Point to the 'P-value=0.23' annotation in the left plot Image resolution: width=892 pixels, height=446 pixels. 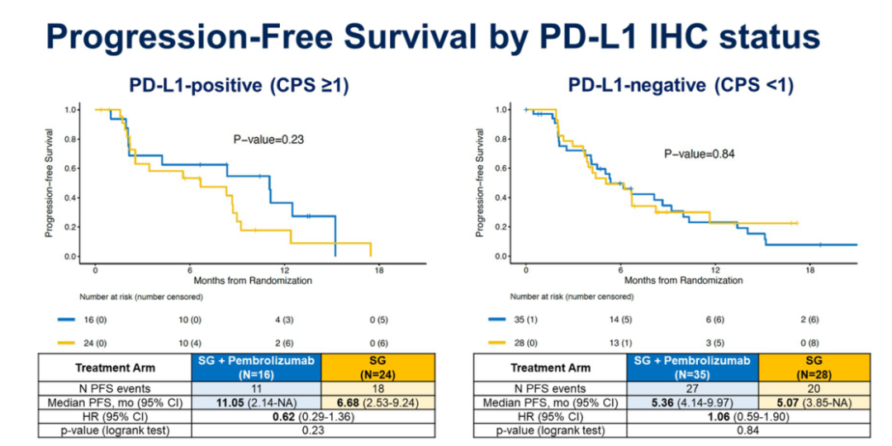(x=268, y=140)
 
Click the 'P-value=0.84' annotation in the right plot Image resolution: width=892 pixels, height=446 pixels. (x=700, y=154)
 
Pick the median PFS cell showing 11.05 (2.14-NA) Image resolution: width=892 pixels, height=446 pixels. (x=257, y=402)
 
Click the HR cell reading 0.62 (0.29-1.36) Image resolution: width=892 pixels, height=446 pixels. (x=316, y=416)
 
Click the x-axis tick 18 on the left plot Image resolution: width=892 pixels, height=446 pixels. (x=378, y=269)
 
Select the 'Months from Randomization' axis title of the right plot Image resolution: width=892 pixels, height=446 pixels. (x=683, y=281)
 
